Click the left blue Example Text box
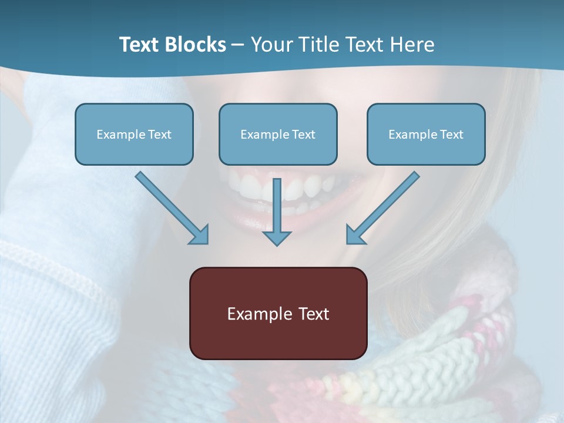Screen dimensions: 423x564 134,134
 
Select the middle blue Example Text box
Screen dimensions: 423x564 278,134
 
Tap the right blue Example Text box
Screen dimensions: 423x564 426,134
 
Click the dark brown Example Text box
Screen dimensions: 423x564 278,314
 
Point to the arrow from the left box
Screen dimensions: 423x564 170,207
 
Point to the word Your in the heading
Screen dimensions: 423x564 271,45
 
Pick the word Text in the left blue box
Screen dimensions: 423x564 159,135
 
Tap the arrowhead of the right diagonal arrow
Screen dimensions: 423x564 355,234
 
